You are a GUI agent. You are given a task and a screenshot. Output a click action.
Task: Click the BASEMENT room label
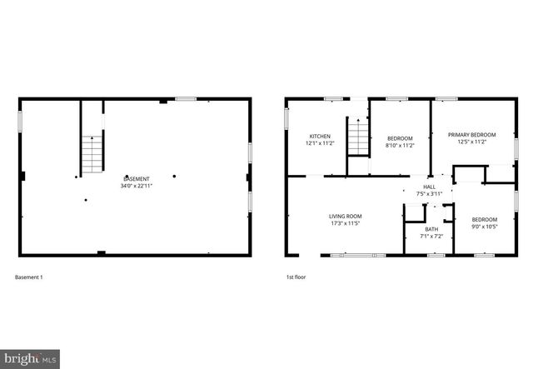137,179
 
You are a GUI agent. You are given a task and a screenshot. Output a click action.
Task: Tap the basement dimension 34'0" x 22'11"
137,186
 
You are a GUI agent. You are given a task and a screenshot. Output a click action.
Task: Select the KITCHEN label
321,137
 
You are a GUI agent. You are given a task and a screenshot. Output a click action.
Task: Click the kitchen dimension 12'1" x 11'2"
321,143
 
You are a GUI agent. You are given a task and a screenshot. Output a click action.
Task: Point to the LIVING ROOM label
345,217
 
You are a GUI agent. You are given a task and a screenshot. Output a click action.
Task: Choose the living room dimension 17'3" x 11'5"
345,223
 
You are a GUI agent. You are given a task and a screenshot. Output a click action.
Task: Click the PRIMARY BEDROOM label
471,135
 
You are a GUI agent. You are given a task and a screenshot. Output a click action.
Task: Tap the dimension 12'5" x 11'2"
471,142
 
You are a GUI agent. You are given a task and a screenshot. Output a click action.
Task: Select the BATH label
431,229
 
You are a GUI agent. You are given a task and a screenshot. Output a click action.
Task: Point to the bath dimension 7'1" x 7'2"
431,236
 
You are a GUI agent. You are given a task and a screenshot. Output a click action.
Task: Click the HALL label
430,187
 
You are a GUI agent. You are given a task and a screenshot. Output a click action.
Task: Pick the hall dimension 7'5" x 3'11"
430,194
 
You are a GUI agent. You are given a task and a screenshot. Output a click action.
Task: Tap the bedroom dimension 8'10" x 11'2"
399,145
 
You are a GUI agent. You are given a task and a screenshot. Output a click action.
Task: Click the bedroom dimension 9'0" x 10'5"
485,226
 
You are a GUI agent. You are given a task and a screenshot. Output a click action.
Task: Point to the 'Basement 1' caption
29,277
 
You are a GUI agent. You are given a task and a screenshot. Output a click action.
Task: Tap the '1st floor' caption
295,277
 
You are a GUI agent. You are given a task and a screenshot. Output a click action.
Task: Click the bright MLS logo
30,359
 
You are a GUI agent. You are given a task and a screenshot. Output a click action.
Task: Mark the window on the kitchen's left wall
286,117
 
